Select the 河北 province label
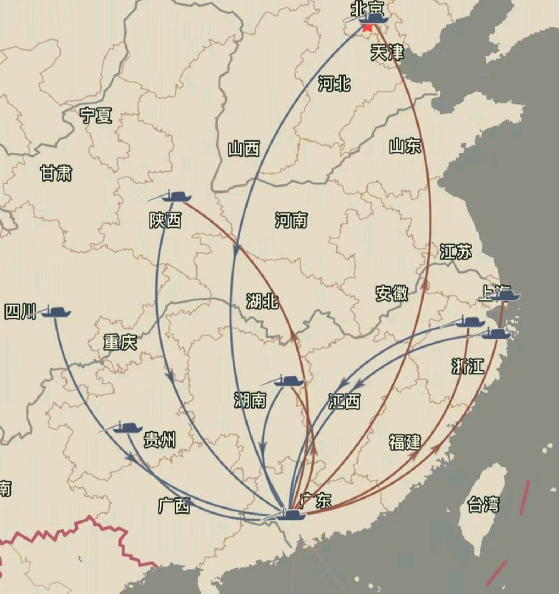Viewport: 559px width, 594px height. [x=334, y=84]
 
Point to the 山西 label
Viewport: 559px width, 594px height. [x=244, y=148]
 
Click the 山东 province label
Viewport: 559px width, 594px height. [x=405, y=146]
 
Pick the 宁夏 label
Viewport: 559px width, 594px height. [x=96, y=116]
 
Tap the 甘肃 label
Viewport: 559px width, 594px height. [x=56, y=174]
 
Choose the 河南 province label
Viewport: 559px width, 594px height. [x=291, y=221]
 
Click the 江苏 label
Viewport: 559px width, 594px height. [x=456, y=252]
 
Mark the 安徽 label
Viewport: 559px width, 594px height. [x=392, y=293]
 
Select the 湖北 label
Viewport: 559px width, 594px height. [x=262, y=301]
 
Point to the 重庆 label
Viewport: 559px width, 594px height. [x=120, y=343]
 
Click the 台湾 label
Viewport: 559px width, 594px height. [x=484, y=504]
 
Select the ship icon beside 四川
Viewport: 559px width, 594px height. [x=56, y=312]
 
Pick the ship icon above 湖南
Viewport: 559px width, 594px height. [x=288, y=381]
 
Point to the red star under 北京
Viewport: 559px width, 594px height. [x=367, y=27]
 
